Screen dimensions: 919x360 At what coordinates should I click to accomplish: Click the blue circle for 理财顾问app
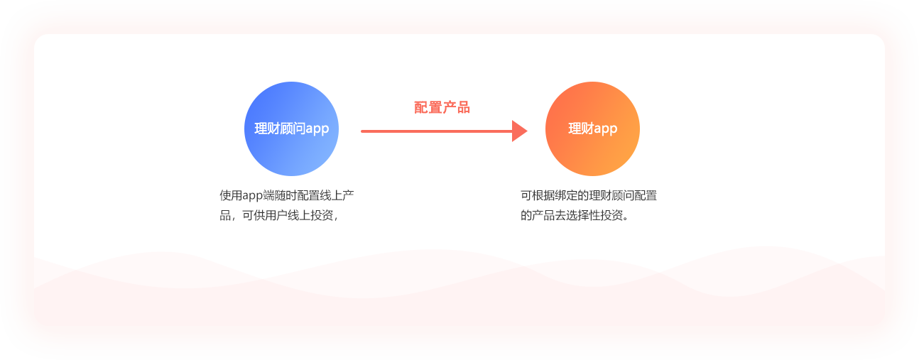(291, 129)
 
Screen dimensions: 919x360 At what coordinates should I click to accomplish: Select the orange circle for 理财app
(592, 129)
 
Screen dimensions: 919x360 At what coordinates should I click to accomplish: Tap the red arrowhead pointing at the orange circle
(519, 131)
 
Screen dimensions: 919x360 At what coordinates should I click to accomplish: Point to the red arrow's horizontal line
(437, 131)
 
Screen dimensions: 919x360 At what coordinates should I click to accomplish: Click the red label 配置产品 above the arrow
(442, 107)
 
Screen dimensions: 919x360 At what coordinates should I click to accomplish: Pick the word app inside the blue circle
(317, 129)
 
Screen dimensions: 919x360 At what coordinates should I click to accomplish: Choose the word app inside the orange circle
(605, 129)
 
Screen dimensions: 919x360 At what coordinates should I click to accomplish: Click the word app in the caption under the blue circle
(252, 196)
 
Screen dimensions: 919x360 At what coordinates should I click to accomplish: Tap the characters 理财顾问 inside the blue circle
(280, 129)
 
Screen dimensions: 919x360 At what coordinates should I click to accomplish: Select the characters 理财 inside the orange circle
(580, 129)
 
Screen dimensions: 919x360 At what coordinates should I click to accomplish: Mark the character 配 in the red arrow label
(421, 107)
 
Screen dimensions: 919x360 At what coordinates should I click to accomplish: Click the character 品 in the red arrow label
(463, 107)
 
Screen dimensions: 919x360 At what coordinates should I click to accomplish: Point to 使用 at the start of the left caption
(231, 195)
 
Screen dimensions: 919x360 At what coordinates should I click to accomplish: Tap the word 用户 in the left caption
(276, 215)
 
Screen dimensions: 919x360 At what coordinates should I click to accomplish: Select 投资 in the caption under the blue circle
(322, 215)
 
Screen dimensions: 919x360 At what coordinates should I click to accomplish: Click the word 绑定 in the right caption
(566, 195)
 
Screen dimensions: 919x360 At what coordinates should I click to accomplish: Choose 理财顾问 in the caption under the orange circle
(611, 195)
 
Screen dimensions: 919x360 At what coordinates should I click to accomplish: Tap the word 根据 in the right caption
(543, 195)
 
